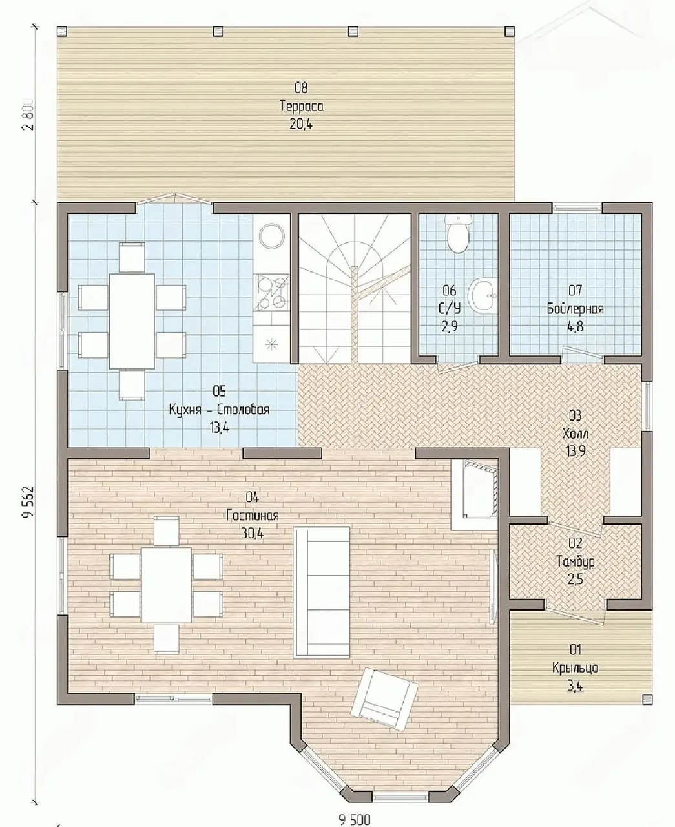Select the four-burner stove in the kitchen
point(271,292)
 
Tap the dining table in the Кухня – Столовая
point(132,320)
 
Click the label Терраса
point(301,106)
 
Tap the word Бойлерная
point(575,309)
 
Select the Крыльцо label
point(575,668)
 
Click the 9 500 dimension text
point(355,819)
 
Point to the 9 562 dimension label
point(28,503)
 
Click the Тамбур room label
point(576,561)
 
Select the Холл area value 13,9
point(576,452)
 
